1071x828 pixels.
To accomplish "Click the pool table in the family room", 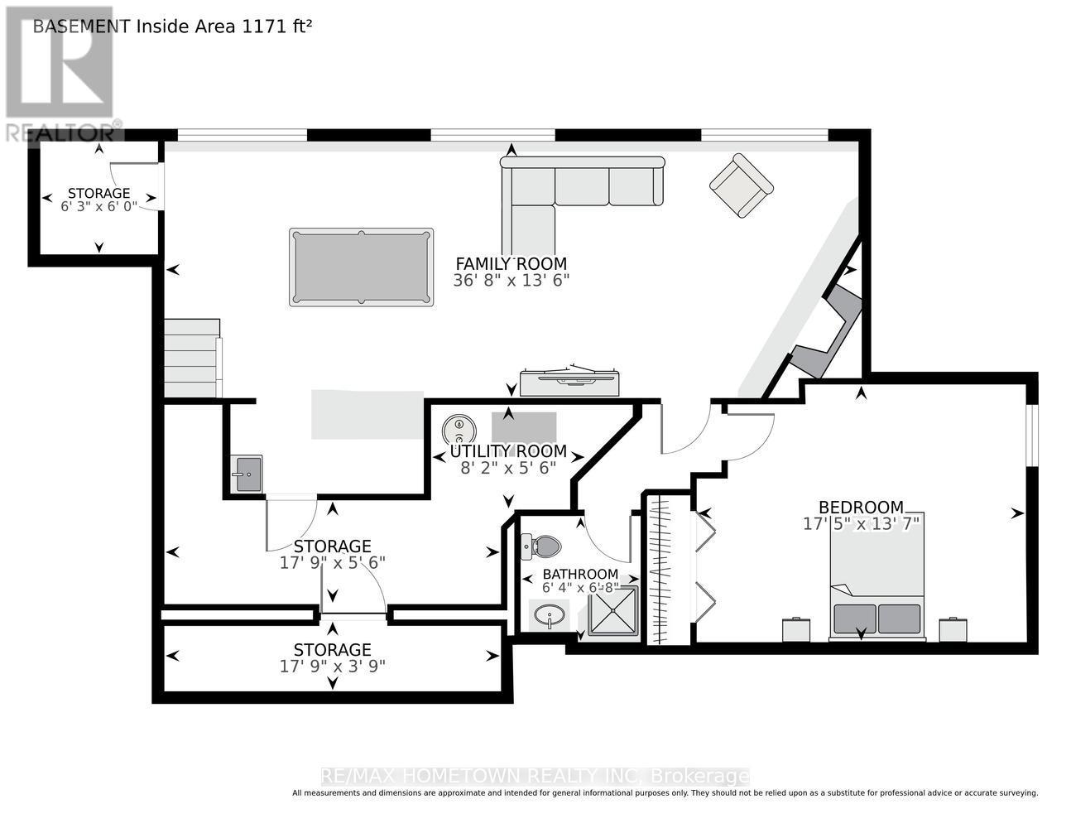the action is pos(361,267).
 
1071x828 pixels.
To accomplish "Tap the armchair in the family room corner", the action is pos(742,185).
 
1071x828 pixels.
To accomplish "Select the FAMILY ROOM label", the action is pos(511,263).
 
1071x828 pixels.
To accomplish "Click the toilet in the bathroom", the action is pos(541,547).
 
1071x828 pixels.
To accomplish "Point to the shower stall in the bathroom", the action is pos(613,611).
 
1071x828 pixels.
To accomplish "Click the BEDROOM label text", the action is pos(861,507).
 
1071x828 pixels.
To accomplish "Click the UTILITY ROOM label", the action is pos(508,451).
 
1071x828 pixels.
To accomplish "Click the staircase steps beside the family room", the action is pos(191,358).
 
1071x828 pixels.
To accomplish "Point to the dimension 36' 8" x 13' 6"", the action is pos(511,281).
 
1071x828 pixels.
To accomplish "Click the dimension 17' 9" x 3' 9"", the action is pos(332,667).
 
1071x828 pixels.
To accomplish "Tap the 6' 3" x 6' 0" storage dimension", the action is pos(98,206).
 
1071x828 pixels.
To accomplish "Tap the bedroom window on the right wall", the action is pos(1033,436).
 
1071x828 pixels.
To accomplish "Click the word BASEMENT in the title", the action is pos(82,26).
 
